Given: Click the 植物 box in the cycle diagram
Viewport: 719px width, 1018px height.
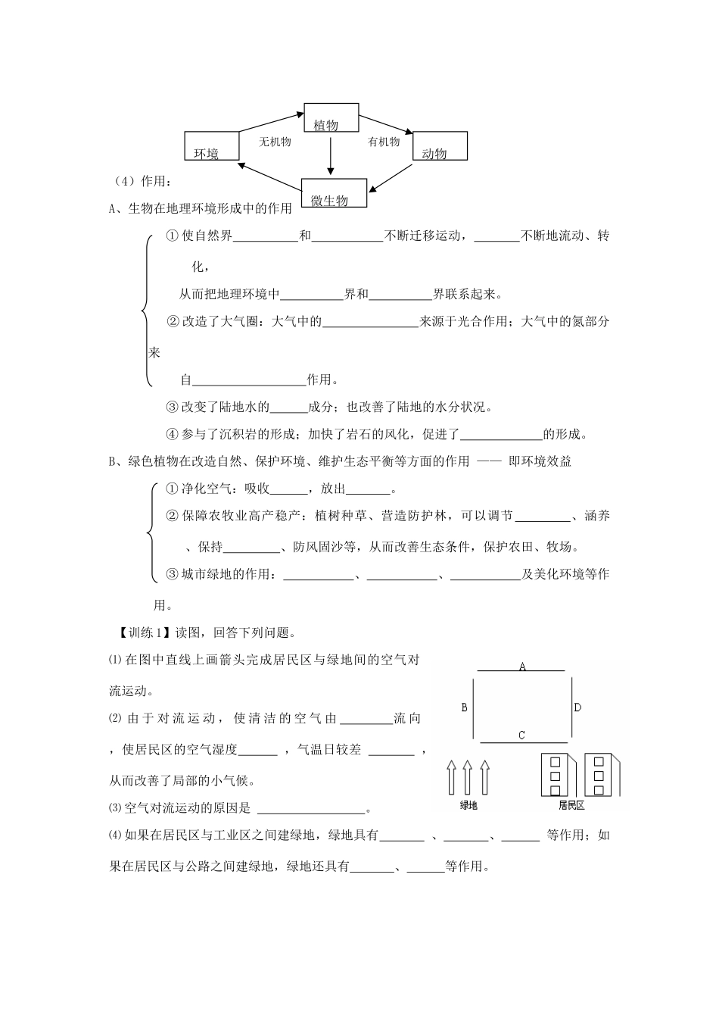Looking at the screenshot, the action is point(331,120).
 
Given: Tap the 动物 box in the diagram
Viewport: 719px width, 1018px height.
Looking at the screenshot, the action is point(440,146).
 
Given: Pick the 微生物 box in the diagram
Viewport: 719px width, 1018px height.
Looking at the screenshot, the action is point(334,193).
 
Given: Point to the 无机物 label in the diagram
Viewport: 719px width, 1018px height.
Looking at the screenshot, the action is point(275,142).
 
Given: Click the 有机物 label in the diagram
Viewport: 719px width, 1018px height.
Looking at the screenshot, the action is point(384,142).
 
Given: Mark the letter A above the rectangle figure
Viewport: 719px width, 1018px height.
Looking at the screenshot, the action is point(522,667).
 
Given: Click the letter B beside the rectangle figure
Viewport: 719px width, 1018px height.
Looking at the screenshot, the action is point(464,707).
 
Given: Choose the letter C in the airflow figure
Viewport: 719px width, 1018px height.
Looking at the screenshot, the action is point(521,735).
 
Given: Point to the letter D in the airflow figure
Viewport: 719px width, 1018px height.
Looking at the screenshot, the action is point(577,707).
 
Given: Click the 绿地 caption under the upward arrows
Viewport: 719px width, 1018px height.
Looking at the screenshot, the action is point(468,805).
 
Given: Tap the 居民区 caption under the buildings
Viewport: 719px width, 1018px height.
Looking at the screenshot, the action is point(571,805).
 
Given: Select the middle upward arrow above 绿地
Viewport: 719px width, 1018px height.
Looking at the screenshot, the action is point(468,777).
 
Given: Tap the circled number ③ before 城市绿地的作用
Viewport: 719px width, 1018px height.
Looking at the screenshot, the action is point(172,574).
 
